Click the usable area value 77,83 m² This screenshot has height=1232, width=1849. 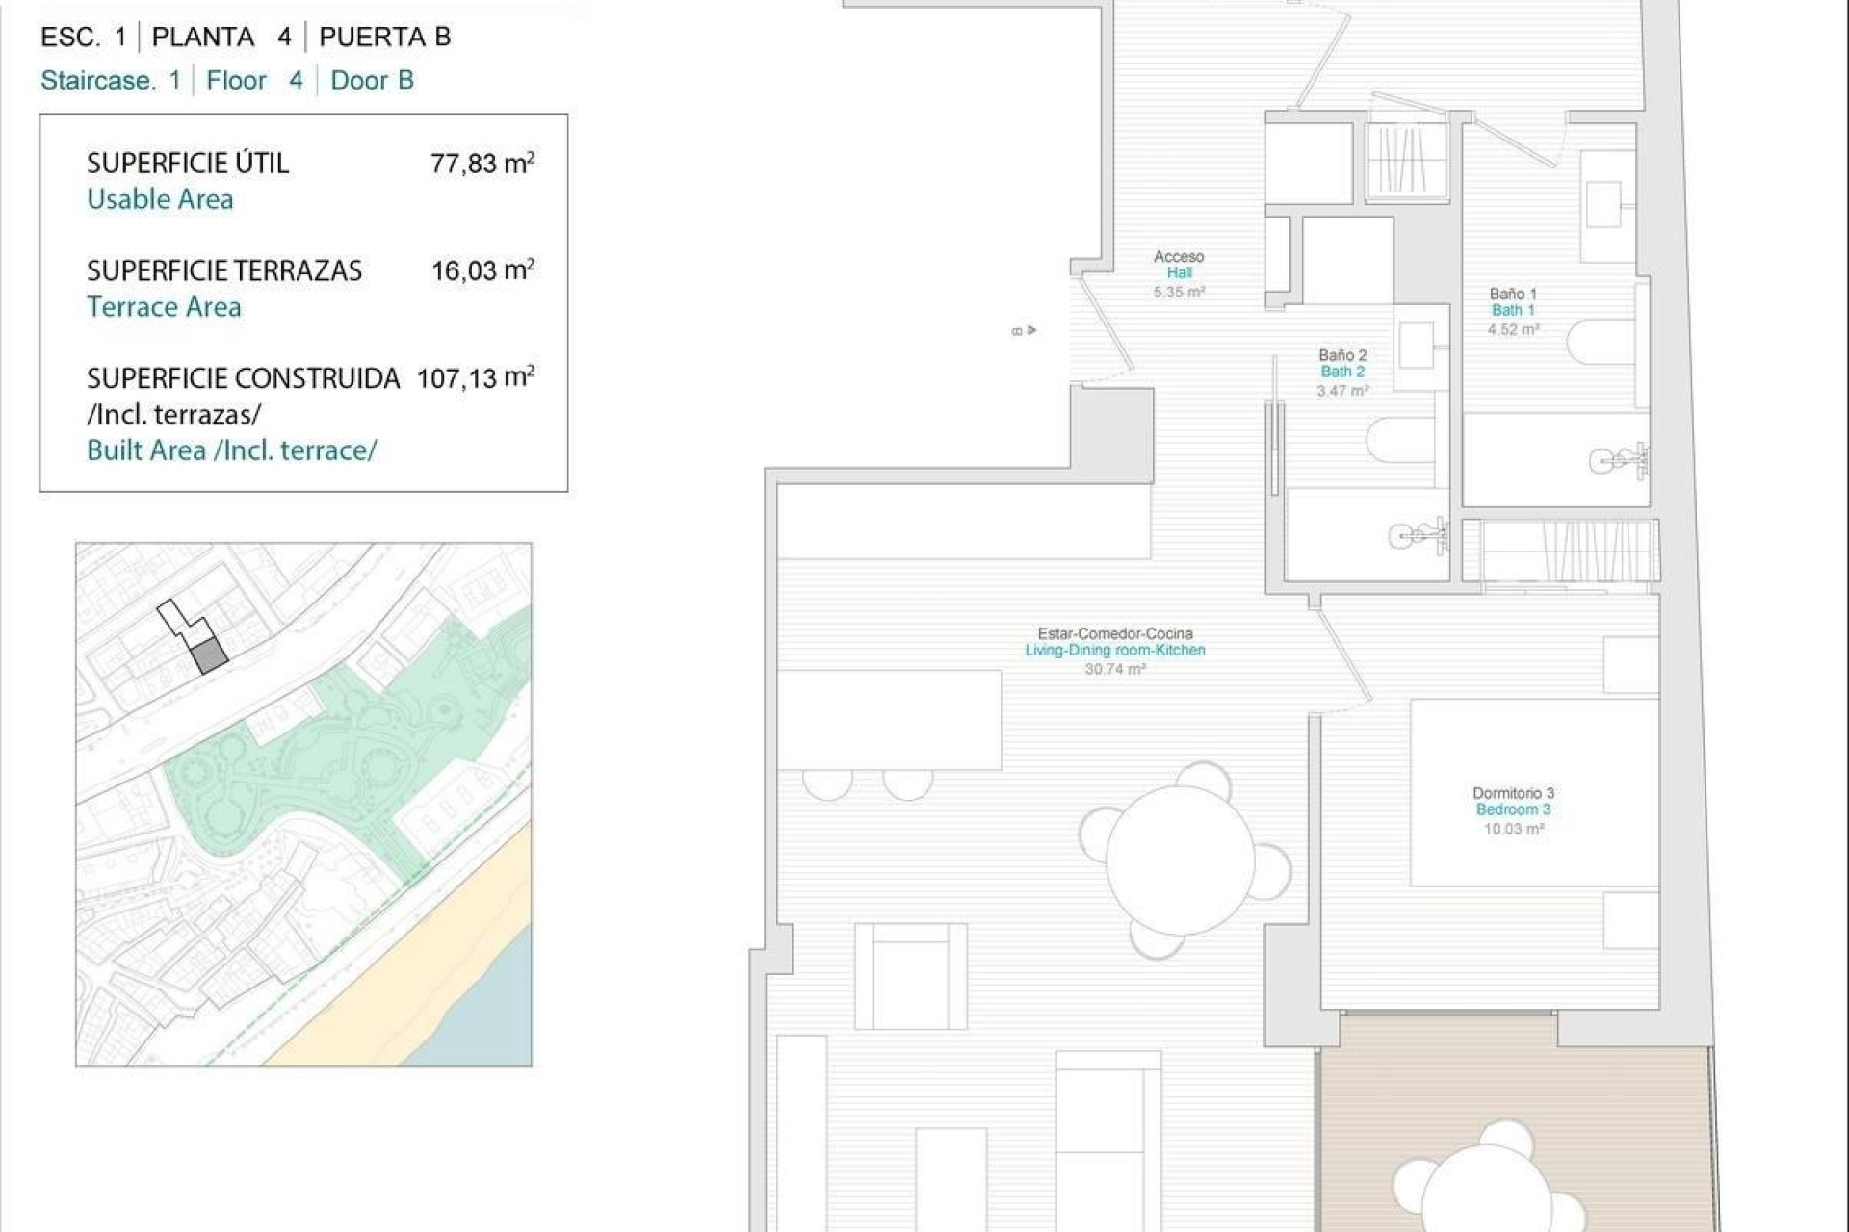[x=482, y=163]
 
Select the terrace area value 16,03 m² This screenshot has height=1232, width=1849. [x=482, y=270]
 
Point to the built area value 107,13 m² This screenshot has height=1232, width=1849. [x=475, y=377]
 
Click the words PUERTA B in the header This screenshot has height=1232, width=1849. [x=384, y=37]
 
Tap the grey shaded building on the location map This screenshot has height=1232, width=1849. [x=209, y=657]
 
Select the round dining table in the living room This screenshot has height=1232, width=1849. [x=1181, y=860]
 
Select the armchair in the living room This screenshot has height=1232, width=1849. [x=910, y=976]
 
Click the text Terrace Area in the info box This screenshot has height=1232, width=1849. [x=164, y=307]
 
